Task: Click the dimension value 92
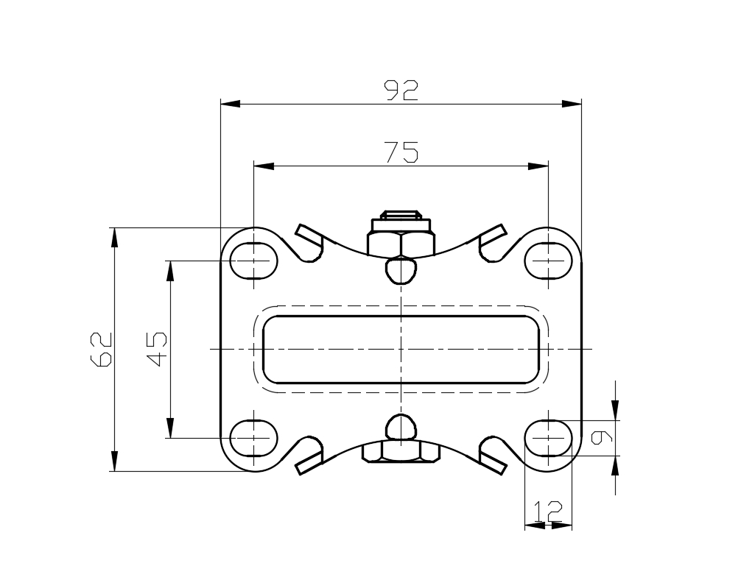(x=401, y=91)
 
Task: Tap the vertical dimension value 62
(x=101, y=350)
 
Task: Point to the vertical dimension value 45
(x=157, y=350)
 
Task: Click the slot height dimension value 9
(x=602, y=438)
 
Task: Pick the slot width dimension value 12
(x=548, y=512)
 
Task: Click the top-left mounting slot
(x=254, y=260)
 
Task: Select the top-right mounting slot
(x=548, y=260)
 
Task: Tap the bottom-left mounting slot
(x=254, y=438)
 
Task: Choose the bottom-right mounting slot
(x=548, y=438)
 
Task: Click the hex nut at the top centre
(x=401, y=243)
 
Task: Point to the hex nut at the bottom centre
(x=401, y=452)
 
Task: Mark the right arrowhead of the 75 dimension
(x=538, y=166)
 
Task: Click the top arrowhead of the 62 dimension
(x=114, y=238)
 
